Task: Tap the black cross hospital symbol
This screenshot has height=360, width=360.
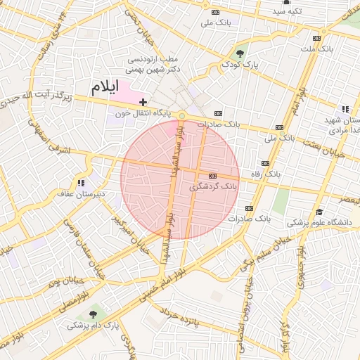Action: point(143,103)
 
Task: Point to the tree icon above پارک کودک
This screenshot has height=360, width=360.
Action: point(241,53)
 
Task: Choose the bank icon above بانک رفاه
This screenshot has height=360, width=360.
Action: point(212,176)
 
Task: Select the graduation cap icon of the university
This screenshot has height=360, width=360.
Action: point(319,212)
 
